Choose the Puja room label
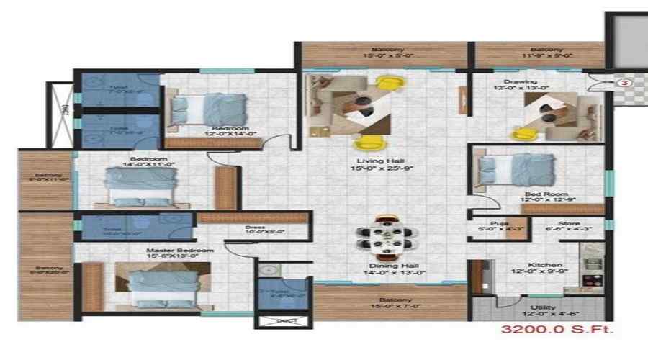tap(498, 223)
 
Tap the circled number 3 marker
tap(624, 83)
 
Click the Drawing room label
tap(521, 81)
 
